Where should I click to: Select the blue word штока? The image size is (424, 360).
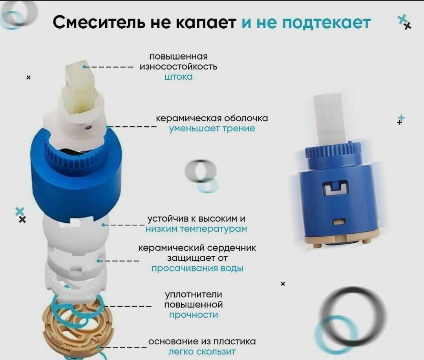pos(179,77)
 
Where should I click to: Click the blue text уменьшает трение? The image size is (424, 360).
pos(212,129)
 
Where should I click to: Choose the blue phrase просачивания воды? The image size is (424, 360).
pos(197,269)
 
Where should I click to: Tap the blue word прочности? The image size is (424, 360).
pos(194,315)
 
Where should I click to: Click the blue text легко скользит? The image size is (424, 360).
pos(202,352)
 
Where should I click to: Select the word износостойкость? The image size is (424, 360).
pos(179,67)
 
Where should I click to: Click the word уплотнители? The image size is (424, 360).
pos(193,295)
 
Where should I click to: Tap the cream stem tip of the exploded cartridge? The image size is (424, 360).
pos(81,86)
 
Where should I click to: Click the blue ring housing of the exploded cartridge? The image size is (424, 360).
pos(76,173)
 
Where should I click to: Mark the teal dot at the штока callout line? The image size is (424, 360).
pos(85,67)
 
